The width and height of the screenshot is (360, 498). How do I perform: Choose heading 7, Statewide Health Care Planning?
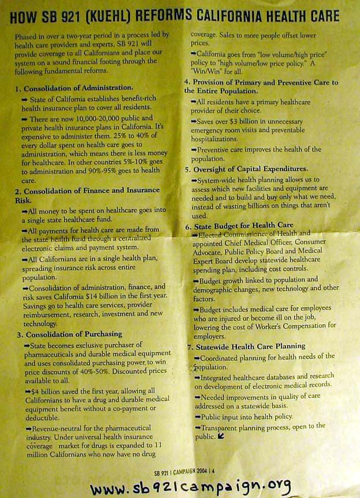click(254, 347)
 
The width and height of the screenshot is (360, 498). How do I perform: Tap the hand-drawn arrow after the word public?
click(221, 436)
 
